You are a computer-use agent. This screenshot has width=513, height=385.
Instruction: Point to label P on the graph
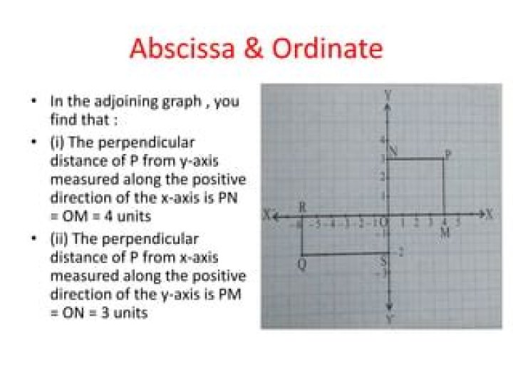pos(447,153)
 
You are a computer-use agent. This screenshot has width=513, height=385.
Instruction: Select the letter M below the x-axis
pos(445,233)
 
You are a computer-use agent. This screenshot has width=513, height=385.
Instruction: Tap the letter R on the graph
pos(301,207)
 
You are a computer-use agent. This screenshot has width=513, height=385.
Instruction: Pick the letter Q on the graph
pos(301,265)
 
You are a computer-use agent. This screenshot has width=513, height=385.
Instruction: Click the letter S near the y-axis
pos(383,262)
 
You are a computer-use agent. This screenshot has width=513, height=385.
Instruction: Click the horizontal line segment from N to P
pos(416,159)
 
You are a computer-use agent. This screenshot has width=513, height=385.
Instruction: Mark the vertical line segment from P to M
pos(444,187)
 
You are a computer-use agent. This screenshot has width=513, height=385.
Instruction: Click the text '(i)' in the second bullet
pos(56,142)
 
